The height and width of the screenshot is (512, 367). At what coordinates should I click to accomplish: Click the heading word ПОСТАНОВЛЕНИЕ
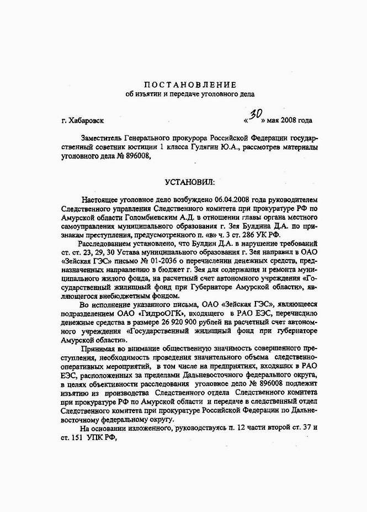click(190, 85)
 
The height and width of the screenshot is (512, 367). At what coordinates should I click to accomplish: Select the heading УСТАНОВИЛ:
click(189, 181)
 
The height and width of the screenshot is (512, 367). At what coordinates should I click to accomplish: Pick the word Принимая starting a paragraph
click(98, 350)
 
